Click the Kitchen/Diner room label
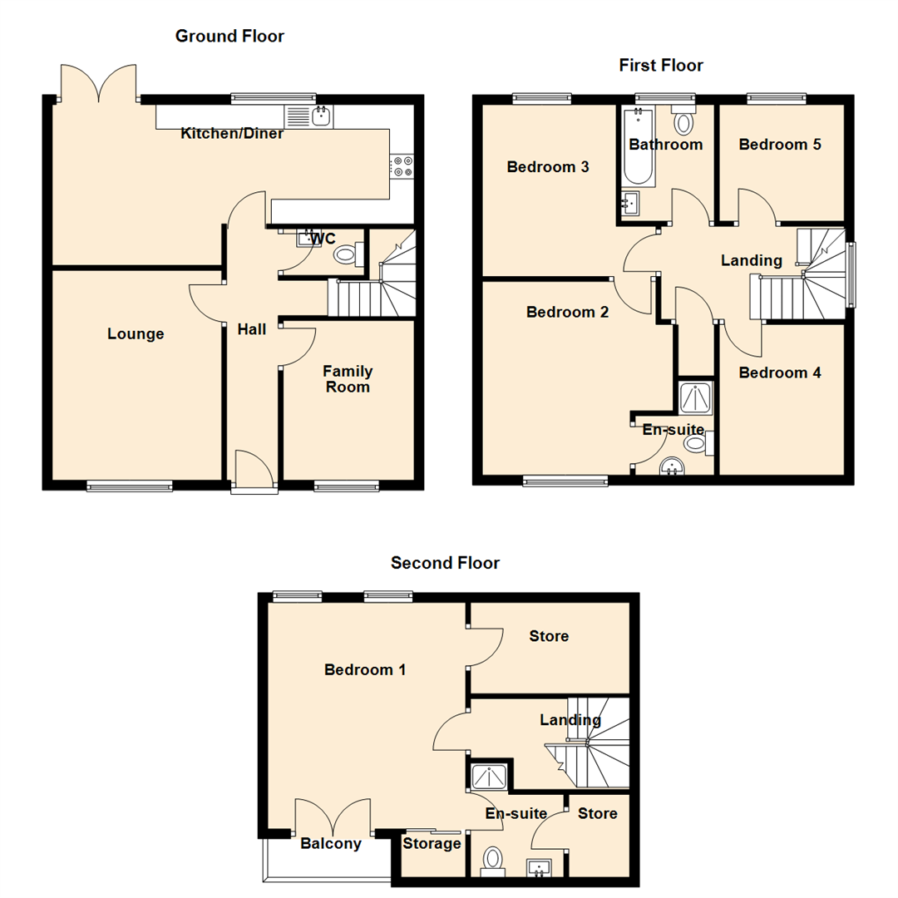(232, 134)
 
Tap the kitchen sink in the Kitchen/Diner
(320, 116)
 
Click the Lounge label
(136, 334)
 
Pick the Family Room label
(348, 379)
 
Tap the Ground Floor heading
(229, 36)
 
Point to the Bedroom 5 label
(780, 145)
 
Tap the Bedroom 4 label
(780, 373)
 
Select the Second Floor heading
(445, 563)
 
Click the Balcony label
(330, 844)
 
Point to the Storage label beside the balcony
(432, 844)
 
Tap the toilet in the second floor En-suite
(493, 859)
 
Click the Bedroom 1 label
(365, 669)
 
